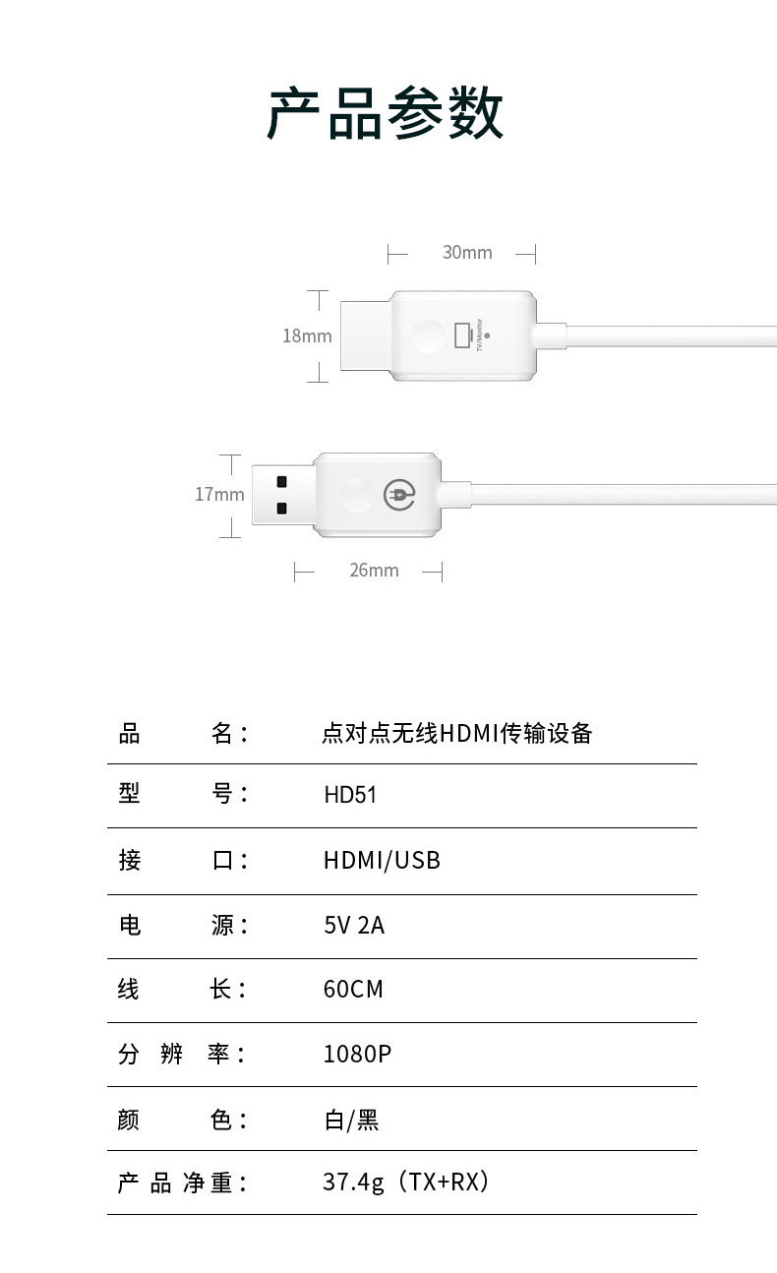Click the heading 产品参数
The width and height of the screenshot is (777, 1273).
(x=386, y=114)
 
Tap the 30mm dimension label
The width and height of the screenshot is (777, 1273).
(x=466, y=253)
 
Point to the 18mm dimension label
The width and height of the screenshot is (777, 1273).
(x=307, y=336)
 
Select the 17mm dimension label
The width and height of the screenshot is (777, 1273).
(x=218, y=495)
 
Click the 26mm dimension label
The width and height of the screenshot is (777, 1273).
(x=374, y=571)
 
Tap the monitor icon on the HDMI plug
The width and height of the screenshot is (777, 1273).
(x=462, y=334)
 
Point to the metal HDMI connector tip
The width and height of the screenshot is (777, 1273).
(x=365, y=335)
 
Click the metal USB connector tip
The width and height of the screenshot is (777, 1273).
(x=282, y=495)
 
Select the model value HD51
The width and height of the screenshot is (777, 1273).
(x=350, y=795)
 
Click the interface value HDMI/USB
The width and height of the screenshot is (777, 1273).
(x=382, y=861)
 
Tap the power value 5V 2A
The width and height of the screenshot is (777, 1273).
(x=354, y=926)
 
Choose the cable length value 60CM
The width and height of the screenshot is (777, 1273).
(x=353, y=990)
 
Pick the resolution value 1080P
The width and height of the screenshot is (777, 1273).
(x=357, y=1055)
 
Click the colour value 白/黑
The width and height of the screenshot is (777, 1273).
(x=351, y=1120)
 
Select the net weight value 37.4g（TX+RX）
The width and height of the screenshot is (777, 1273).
(x=405, y=1182)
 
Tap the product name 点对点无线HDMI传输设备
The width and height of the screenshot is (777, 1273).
(x=457, y=733)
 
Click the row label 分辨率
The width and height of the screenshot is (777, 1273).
(x=182, y=1055)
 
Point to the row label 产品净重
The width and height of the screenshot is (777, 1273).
(x=182, y=1182)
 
